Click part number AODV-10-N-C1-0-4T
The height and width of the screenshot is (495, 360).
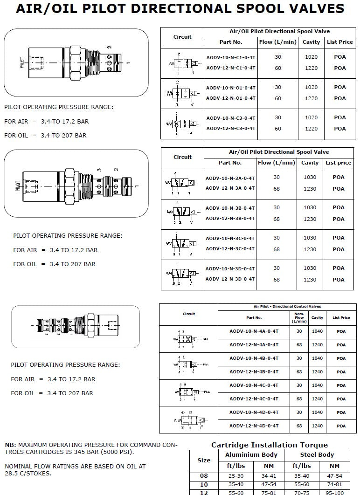[x=230, y=57]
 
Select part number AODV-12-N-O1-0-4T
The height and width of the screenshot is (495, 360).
[x=230, y=98]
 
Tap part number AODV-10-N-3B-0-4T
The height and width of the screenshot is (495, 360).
[x=230, y=208]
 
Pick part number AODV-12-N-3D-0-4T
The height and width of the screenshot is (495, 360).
[x=230, y=279]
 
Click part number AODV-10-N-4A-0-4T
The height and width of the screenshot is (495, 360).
[x=254, y=331]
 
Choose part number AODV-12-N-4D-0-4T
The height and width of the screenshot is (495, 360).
[x=254, y=426]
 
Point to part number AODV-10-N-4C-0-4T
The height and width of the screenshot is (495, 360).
[x=254, y=385]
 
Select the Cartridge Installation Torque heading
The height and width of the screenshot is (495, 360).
[x=270, y=445]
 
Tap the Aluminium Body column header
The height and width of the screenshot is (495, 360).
[x=251, y=455]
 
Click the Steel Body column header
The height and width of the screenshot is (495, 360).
[x=317, y=455]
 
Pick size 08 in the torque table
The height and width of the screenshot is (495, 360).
[x=204, y=476]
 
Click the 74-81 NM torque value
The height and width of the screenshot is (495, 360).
[x=334, y=484]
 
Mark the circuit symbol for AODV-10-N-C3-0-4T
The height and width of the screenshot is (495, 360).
[x=181, y=124]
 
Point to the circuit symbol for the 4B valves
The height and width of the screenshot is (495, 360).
[x=187, y=365]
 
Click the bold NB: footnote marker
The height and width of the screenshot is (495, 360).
[x=10, y=445]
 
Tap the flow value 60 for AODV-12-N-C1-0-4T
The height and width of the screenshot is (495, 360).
[x=278, y=68]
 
